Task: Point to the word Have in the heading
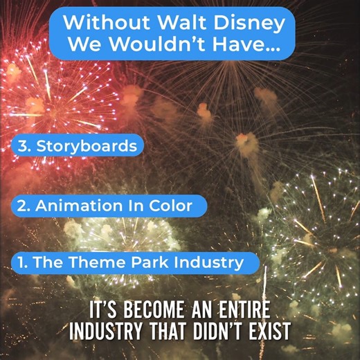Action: click(250, 46)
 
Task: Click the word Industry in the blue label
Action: click(208, 262)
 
